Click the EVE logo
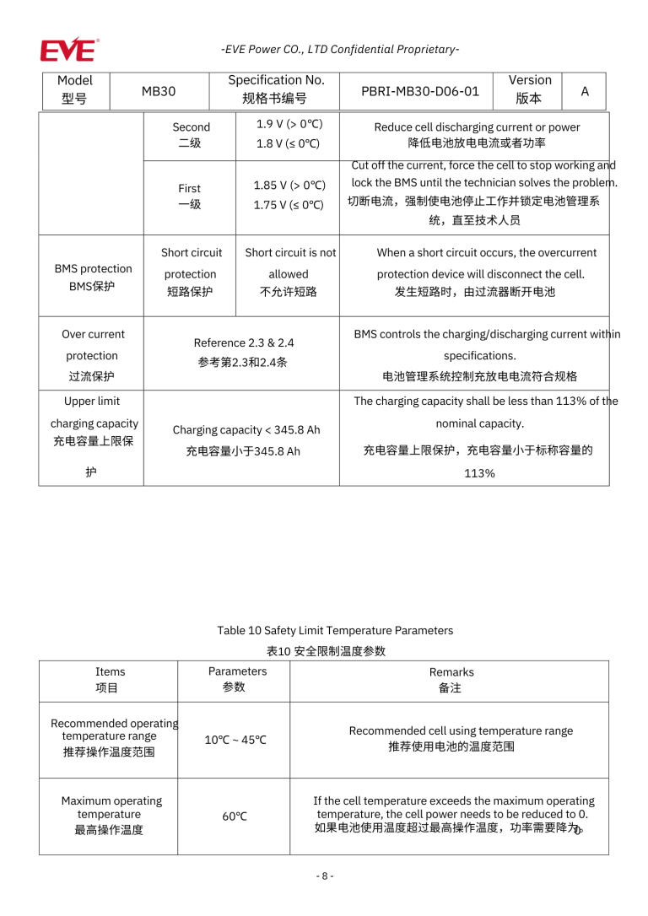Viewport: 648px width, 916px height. click(68, 49)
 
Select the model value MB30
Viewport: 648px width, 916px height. click(159, 91)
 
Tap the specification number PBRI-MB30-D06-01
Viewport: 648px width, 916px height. click(419, 91)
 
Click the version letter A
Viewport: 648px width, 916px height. click(584, 91)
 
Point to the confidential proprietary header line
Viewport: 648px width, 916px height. click(340, 49)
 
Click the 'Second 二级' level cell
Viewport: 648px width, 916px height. click(191, 135)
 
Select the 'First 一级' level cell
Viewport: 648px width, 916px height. click(189, 197)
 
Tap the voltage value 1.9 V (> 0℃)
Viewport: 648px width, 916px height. click(289, 124)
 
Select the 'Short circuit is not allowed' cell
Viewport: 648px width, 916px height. click(289, 263)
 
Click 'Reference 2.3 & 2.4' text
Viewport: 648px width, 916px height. click(243, 343)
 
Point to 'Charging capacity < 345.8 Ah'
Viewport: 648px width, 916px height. click(246, 430)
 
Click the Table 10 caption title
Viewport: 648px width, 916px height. click(334, 631)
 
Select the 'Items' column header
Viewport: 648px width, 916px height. click(110, 672)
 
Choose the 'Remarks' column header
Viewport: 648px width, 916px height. click(451, 672)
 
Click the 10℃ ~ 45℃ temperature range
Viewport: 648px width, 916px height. click(235, 741)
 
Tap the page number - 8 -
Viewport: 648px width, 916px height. click(325, 876)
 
